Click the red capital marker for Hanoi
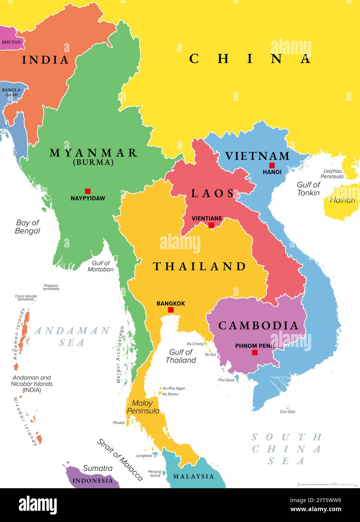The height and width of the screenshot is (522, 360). click(272, 165)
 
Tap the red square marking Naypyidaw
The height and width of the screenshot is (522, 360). click(88, 191)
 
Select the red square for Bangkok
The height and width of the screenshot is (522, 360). click(171, 310)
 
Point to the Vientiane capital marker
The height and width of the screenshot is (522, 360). click(211, 225)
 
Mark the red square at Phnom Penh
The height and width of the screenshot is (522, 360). click(255, 352)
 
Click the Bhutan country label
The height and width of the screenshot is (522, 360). click(11, 42)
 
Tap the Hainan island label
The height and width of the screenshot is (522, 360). click(342, 200)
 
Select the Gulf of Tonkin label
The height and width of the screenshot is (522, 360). click(308, 189)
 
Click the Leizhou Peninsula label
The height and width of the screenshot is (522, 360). click(332, 173)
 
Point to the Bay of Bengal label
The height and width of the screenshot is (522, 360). click(27, 226)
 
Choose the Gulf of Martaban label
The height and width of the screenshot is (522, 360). click(101, 266)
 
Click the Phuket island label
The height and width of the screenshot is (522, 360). click(119, 423)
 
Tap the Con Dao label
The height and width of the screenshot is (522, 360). click(287, 412)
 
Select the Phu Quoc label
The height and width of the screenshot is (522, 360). click(227, 380)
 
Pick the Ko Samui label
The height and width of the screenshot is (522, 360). click(170, 394)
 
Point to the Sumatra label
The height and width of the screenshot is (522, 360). click(98, 468)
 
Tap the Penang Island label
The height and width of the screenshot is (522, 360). click(155, 474)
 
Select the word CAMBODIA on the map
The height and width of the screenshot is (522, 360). click(258, 326)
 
